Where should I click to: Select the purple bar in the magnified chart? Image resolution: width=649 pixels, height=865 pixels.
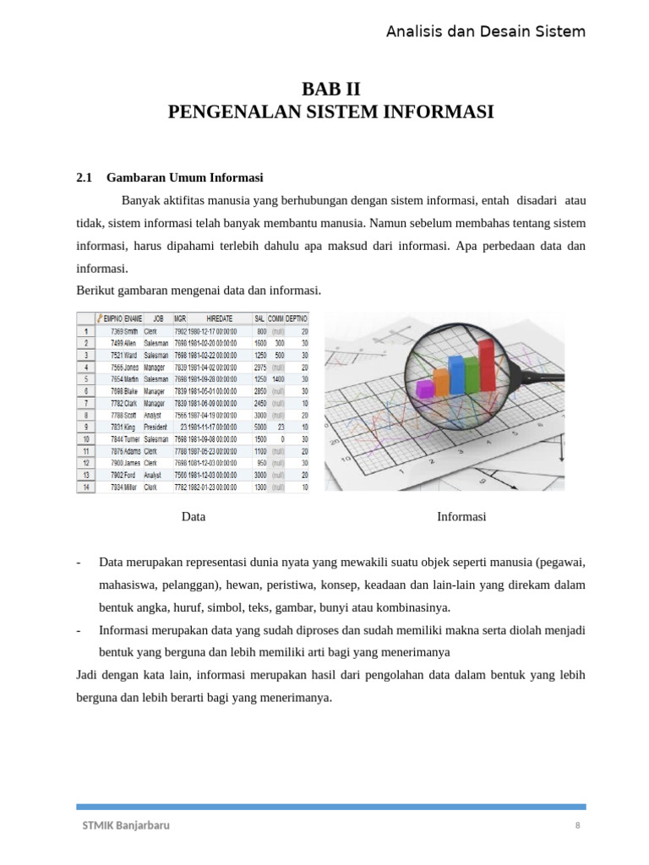pyautogui.click(x=426, y=389)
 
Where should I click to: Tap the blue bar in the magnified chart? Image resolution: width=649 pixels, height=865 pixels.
pyautogui.click(x=457, y=374)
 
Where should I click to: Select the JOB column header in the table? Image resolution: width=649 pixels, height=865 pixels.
pyautogui.click(x=157, y=318)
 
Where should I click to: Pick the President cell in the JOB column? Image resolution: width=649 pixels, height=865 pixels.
pyautogui.click(x=156, y=427)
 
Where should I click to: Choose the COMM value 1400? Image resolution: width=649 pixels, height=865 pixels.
pyautogui.click(x=277, y=379)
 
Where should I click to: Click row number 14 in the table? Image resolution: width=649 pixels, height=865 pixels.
pyautogui.click(x=85, y=487)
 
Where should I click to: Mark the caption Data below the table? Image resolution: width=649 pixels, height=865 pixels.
pyautogui.click(x=194, y=516)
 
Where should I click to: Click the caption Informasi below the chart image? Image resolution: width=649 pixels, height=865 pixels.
pyautogui.click(x=461, y=516)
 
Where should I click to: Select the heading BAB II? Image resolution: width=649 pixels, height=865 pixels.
pyautogui.click(x=330, y=90)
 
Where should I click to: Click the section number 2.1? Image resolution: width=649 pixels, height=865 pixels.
pyautogui.click(x=84, y=177)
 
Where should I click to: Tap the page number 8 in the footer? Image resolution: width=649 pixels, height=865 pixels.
pyautogui.click(x=578, y=825)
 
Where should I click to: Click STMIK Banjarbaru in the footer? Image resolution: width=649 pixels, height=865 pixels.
pyautogui.click(x=125, y=825)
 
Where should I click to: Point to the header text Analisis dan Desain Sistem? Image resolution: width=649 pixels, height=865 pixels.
pyautogui.click(x=485, y=32)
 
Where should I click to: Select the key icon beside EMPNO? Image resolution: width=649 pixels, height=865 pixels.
pyautogui.click(x=101, y=318)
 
